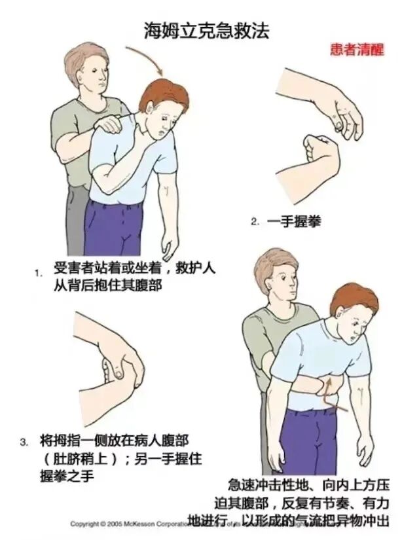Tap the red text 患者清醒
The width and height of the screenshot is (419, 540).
[x=357, y=49]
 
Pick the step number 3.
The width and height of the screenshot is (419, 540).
[x=24, y=442]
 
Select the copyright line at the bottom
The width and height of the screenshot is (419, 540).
[x=131, y=524]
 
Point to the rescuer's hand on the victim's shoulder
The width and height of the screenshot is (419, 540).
[x=109, y=122]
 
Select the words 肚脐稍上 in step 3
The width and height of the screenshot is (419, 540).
[x=82, y=459]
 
